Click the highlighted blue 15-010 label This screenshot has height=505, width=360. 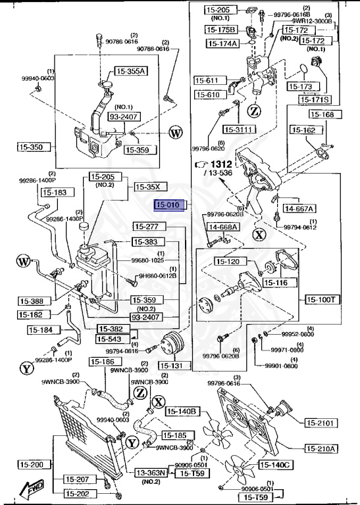tap(170, 205)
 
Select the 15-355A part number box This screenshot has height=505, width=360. tap(132, 71)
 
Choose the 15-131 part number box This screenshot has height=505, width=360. tap(172, 366)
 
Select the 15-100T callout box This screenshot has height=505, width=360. tap(322, 299)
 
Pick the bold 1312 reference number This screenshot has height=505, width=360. tap(220, 164)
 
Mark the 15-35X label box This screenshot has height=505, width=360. tap(147, 186)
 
